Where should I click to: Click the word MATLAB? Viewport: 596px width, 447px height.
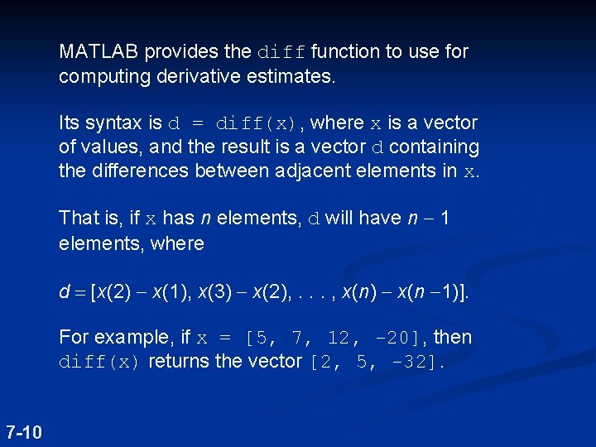pyautogui.click(x=99, y=52)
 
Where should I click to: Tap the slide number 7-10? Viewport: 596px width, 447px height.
pyautogui.click(x=25, y=431)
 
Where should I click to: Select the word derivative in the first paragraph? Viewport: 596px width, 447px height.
pyautogui.click(x=185, y=77)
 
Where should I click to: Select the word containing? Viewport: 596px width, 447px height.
pyautogui.click(x=434, y=147)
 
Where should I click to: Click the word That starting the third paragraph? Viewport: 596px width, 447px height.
pyautogui.click(x=77, y=219)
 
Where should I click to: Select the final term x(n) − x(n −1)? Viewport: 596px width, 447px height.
pyautogui.click(x=404, y=291)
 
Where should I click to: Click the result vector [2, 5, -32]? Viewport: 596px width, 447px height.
pyautogui.click(x=377, y=363)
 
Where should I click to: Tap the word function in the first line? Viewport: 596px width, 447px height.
pyautogui.click(x=347, y=52)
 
